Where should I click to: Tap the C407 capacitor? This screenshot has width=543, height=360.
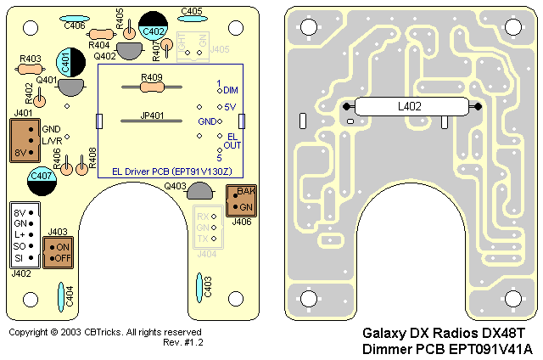pyautogui.click(x=43, y=176)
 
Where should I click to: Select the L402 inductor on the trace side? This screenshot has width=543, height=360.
pyautogui.click(x=411, y=107)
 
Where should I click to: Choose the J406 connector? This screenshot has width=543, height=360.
pyautogui.click(x=240, y=201)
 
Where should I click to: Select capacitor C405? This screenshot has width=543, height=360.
pyautogui.click(x=192, y=20)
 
